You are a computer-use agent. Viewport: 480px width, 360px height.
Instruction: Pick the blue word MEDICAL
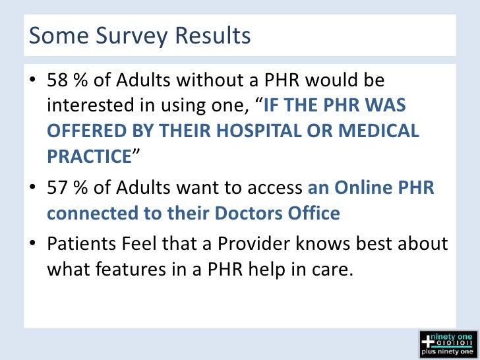[x=383, y=131]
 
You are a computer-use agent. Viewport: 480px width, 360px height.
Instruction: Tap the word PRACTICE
[x=89, y=156]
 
